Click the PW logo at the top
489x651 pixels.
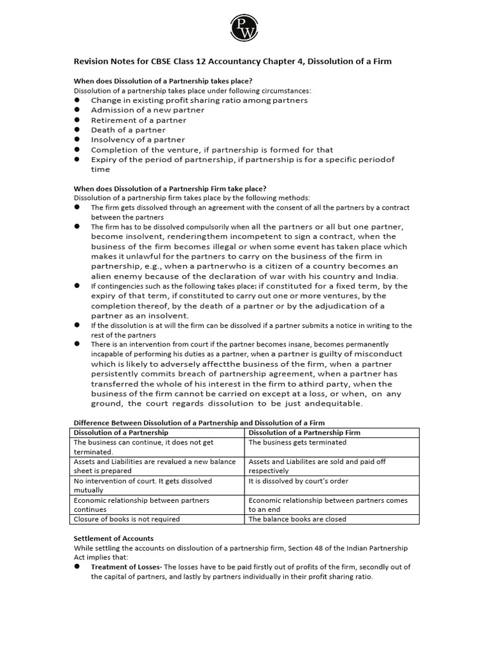(x=244, y=26)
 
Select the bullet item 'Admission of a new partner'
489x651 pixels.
(x=148, y=110)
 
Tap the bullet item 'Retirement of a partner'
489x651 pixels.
(x=139, y=120)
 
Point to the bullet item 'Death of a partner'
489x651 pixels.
(x=129, y=130)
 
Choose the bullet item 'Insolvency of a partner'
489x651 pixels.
(x=138, y=139)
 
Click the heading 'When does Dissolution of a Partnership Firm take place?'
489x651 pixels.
(x=170, y=188)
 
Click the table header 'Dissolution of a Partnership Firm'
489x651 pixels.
(x=304, y=432)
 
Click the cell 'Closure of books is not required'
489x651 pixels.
(x=127, y=519)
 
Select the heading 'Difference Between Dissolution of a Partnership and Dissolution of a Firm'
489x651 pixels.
(x=199, y=423)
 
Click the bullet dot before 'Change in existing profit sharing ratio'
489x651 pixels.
(x=77, y=100)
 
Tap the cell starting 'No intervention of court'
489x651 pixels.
(x=143, y=481)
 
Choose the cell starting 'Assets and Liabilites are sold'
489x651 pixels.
(x=317, y=462)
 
